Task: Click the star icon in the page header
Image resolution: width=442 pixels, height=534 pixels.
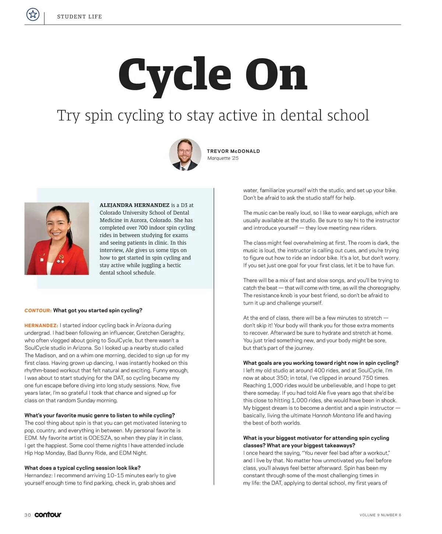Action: (33, 15)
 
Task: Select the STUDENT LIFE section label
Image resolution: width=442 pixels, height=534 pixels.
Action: (80, 17)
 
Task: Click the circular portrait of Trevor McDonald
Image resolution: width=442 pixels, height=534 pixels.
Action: (185, 155)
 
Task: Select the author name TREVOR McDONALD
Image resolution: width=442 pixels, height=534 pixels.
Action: (234, 151)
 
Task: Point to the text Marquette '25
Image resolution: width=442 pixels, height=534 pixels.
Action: (223, 158)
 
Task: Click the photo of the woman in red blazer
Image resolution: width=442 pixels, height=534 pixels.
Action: (57, 239)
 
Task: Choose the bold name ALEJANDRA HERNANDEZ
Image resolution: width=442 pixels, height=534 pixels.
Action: (134, 205)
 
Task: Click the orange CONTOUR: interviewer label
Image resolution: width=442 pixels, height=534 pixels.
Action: (38, 310)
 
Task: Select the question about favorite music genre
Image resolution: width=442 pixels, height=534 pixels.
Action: (99, 415)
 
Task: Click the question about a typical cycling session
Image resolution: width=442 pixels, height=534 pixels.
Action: (83, 468)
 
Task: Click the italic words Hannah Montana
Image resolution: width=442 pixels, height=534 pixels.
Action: (333, 415)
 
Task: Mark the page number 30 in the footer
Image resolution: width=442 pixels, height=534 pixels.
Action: (28, 515)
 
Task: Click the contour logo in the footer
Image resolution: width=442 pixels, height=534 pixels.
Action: (48, 514)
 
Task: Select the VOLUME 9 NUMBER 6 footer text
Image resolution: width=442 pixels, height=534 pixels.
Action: (380, 515)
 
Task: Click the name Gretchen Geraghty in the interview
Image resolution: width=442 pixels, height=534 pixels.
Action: (160, 333)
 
